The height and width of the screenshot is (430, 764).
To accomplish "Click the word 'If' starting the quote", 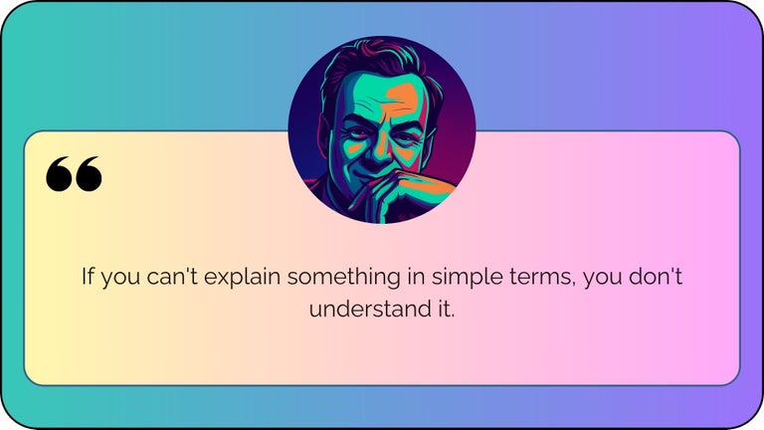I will coord(88,276).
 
